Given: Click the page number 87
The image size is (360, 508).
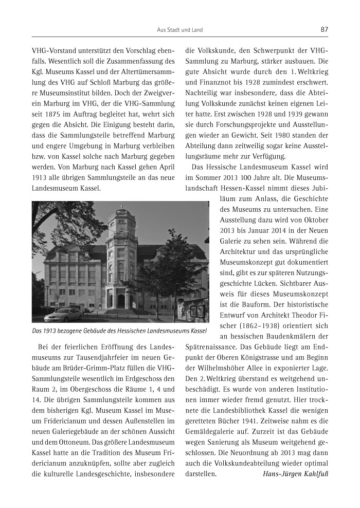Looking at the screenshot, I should coord(324,30).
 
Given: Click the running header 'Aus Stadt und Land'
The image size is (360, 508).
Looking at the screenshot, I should coord(179,30).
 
